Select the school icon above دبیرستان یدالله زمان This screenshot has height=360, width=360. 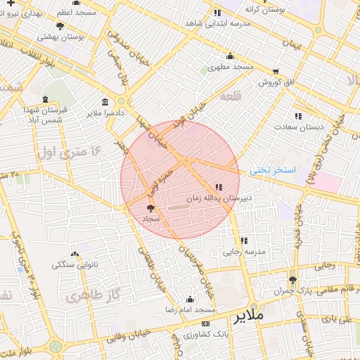(219, 187)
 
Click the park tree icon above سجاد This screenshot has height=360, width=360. (150, 208)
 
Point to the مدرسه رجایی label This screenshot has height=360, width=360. (245, 251)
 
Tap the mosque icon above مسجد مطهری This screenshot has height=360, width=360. (230, 57)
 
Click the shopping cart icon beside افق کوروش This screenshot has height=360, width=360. (276, 72)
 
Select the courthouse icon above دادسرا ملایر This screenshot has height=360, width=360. (105, 102)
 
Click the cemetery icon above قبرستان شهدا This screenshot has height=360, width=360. (46, 99)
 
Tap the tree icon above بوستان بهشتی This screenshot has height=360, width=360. (60, 26)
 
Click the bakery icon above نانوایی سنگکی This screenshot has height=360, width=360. (75, 254)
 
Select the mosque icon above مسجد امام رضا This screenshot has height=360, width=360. (190, 299)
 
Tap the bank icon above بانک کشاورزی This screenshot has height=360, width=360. (205, 323)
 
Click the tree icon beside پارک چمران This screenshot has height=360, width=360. (293, 280)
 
